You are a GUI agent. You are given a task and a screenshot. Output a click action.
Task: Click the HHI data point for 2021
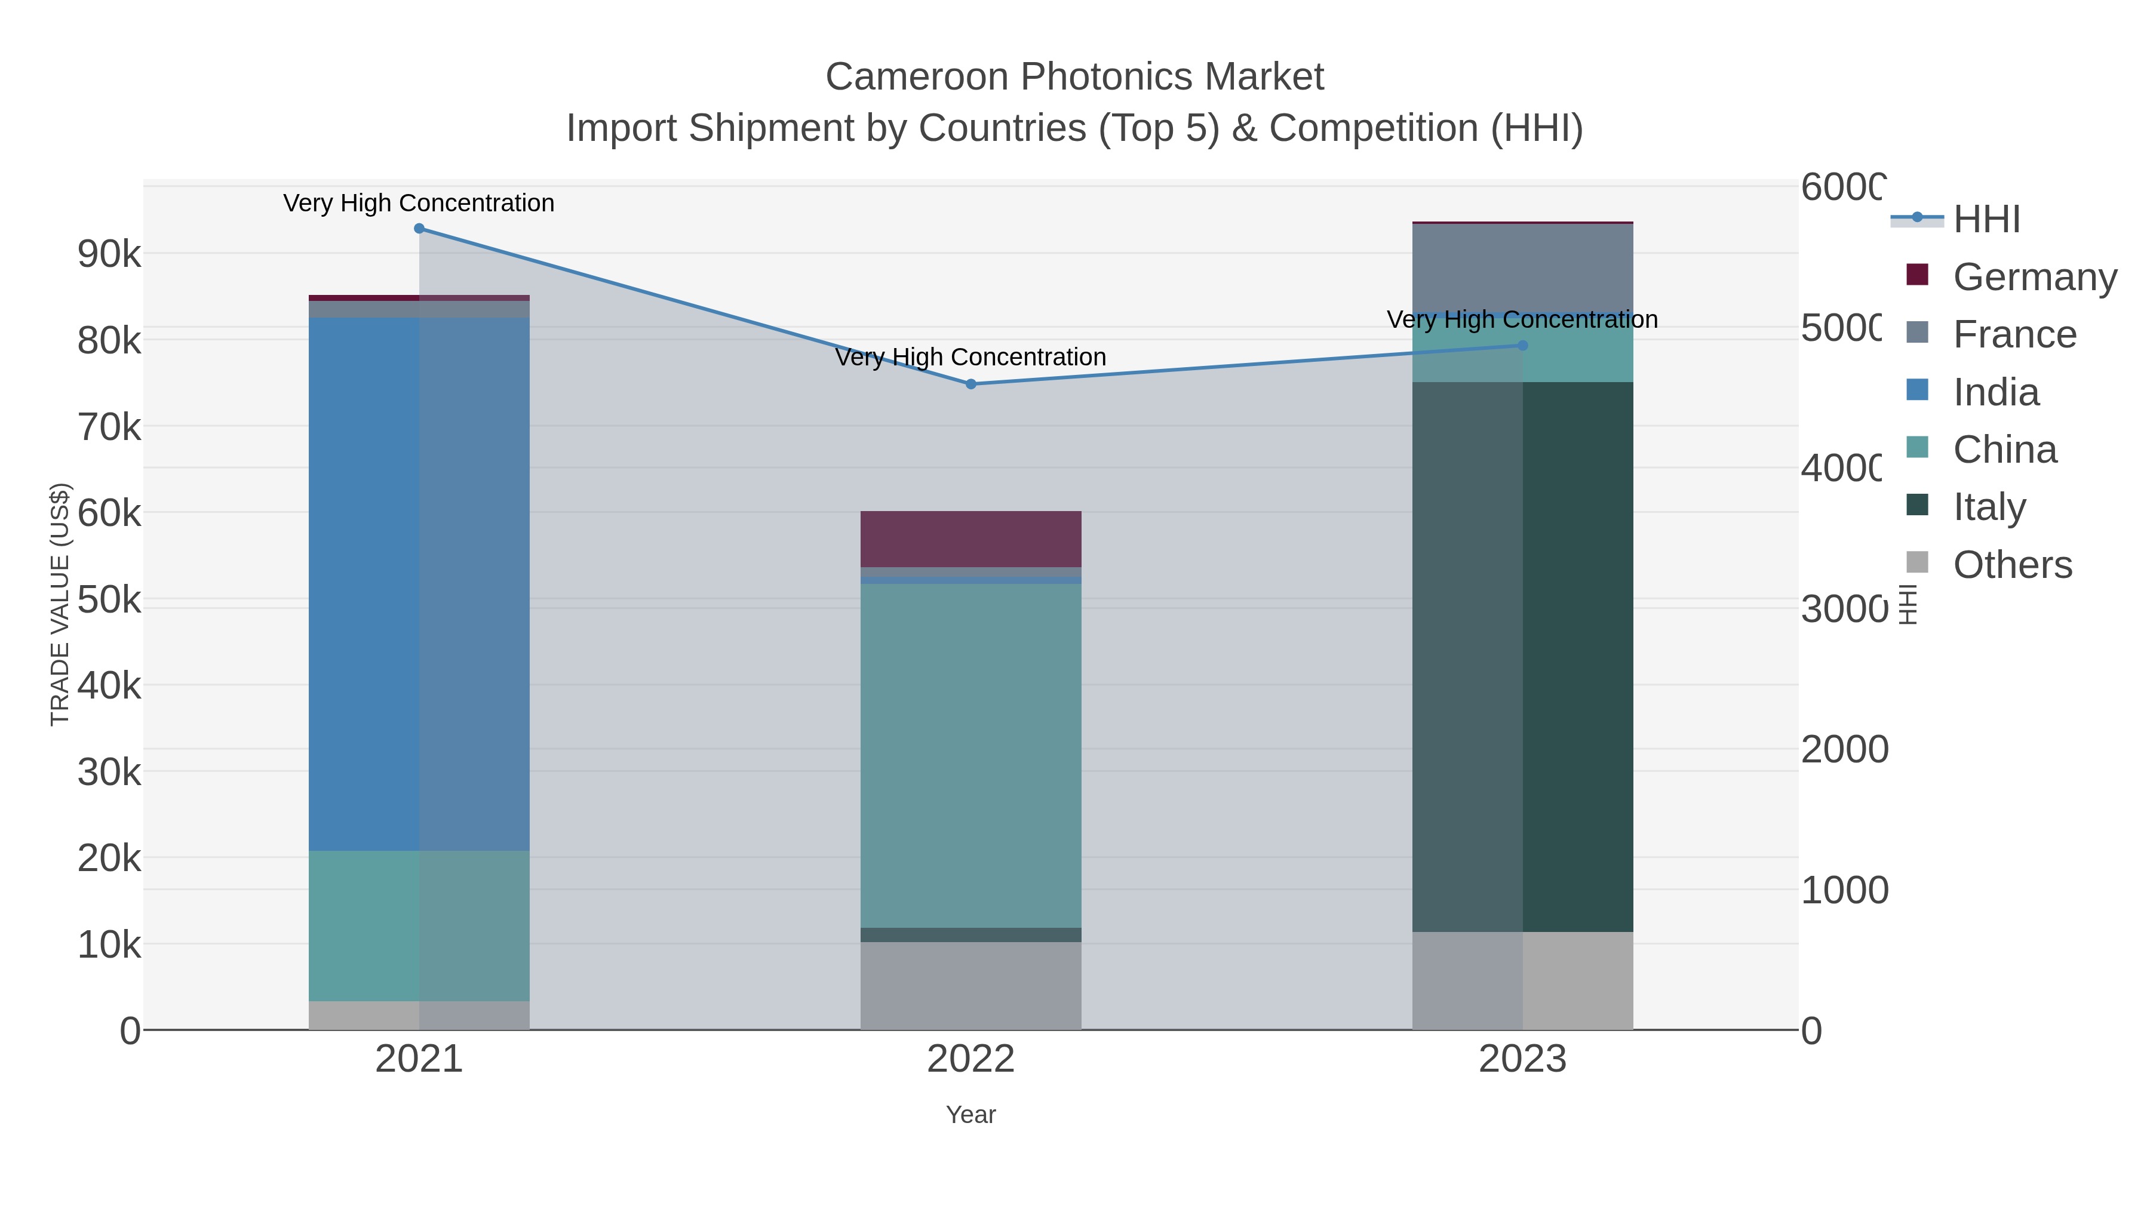coord(419,229)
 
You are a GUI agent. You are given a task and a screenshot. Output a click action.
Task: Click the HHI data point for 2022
coord(970,384)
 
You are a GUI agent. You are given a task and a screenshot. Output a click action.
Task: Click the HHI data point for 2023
coord(1522,346)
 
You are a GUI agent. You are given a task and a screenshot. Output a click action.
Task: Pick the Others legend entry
coord(2012,564)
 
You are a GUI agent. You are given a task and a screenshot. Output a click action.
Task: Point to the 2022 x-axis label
coord(970,1059)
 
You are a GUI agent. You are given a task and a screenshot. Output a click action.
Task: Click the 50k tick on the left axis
coord(109,599)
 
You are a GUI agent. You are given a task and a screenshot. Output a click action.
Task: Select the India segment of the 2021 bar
coord(419,584)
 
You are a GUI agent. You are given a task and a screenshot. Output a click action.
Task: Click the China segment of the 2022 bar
coord(970,755)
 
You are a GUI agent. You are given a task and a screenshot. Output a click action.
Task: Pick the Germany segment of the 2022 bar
coord(970,539)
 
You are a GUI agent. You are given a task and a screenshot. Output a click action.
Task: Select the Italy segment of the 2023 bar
coord(1522,657)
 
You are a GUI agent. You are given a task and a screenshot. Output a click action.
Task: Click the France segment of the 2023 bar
coord(1522,268)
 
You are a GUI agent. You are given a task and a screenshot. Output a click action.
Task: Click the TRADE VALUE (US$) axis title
coord(60,604)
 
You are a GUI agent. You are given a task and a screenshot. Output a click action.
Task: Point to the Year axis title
coord(970,1115)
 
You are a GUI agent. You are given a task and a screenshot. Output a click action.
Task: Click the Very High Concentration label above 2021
coord(419,203)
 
